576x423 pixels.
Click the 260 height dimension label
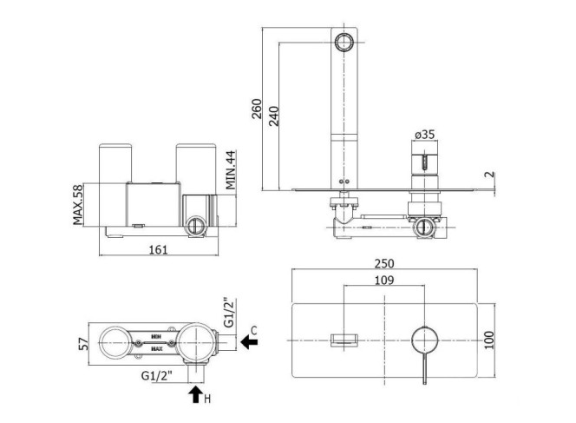257,109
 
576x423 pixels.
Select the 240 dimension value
273,116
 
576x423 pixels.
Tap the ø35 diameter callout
425,135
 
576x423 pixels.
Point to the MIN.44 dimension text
231,169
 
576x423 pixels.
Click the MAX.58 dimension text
78,204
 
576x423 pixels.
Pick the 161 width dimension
159,250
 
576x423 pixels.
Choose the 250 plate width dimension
384,263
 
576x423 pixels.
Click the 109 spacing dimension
384,281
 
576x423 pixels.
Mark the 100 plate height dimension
489,340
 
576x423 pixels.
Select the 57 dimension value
84,344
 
